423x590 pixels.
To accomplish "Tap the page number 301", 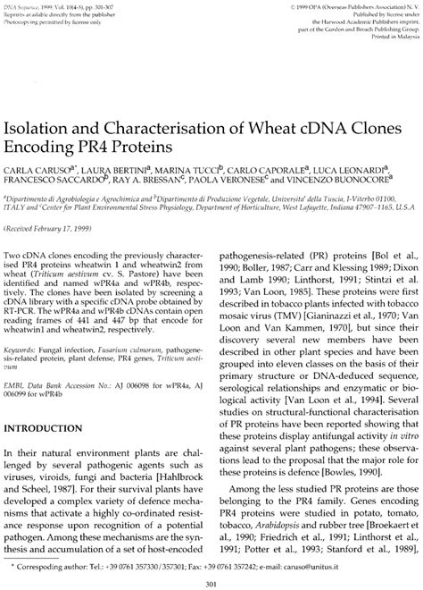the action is (x=211, y=583).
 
